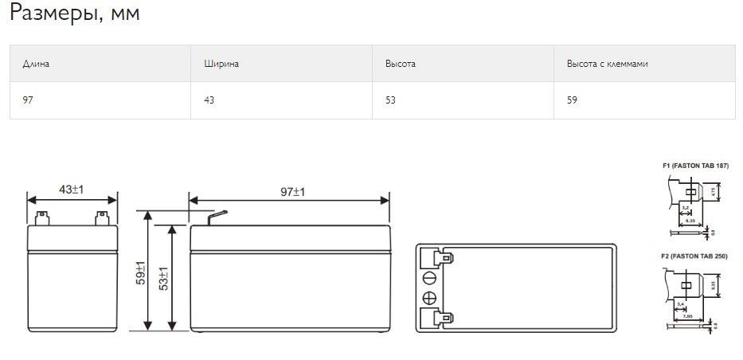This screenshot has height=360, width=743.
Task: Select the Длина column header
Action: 36,64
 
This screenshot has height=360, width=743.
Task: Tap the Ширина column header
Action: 221,64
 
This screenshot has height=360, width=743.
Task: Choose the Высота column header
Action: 400,64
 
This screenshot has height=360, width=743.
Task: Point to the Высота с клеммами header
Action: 606,64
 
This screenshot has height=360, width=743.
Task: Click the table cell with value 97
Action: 28,100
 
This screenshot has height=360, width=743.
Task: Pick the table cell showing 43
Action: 209,100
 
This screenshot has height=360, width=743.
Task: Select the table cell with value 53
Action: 390,100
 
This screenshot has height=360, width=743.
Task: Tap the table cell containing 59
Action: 572,100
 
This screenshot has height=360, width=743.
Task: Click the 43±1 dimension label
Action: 72,190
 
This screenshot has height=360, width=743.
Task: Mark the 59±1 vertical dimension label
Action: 141,273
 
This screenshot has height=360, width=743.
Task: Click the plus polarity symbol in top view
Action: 429,299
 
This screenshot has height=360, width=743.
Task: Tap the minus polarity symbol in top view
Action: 429,277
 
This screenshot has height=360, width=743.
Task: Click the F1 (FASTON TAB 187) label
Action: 694,166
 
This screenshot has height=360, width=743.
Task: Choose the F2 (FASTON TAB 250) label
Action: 694,256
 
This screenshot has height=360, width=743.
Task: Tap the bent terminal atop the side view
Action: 217,215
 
